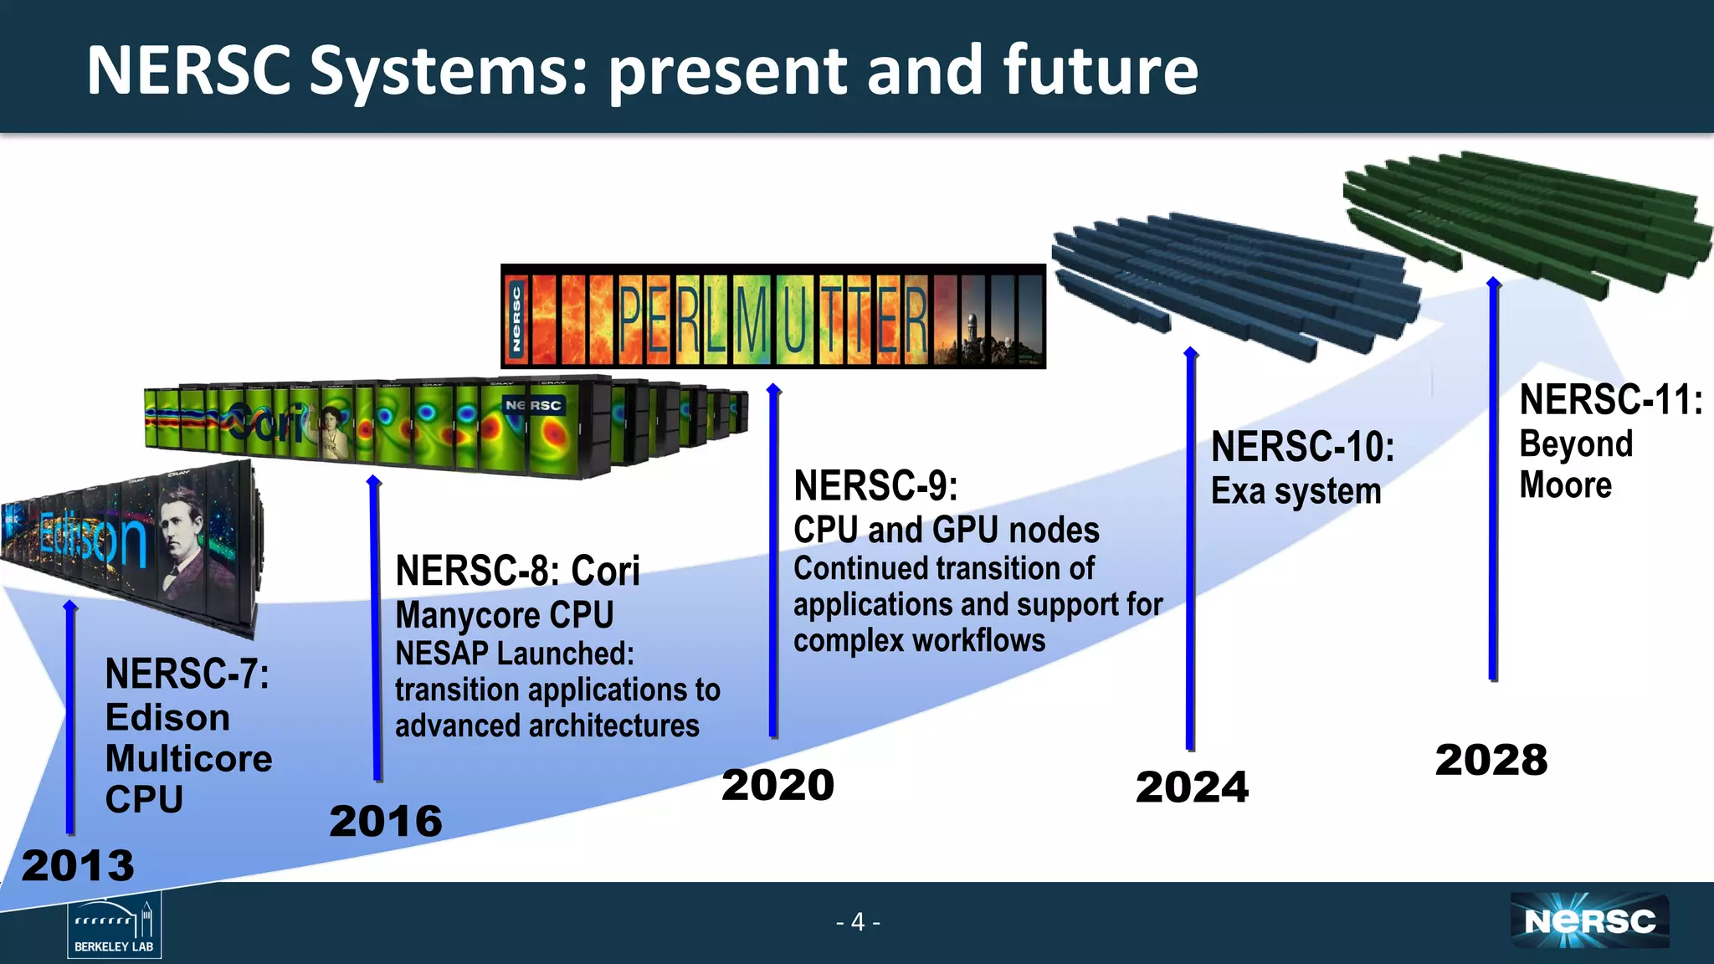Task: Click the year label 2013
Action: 78,865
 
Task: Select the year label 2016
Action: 386,821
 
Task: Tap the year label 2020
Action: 777,785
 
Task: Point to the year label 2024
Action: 1192,787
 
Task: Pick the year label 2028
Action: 1491,760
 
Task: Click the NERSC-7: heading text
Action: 187,674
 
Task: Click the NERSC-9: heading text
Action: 875,486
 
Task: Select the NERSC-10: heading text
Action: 1302,447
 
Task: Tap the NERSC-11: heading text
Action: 1610,400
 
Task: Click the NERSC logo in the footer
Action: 1589,921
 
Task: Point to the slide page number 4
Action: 858,922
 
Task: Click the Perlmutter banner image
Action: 772,317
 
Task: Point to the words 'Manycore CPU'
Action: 505,615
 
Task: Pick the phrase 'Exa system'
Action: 1296,491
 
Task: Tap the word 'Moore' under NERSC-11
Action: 1565,485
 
